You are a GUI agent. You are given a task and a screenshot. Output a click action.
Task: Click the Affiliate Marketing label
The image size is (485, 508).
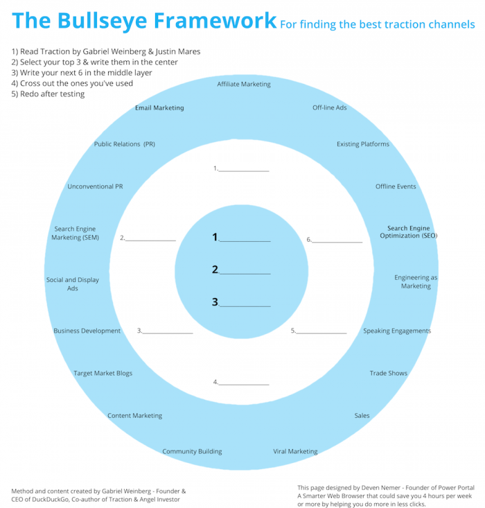pos(243,85)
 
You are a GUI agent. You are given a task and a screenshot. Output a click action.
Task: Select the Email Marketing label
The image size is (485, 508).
pos(159,108)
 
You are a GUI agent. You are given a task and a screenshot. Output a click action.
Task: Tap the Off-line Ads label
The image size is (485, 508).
pos(329,108)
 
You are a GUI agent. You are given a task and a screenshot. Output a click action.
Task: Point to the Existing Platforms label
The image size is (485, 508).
pos(362,144)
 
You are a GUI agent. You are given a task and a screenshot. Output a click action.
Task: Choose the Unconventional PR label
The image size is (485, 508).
pos(95,186)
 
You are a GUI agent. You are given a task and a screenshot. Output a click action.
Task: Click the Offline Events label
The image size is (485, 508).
pos(396,186)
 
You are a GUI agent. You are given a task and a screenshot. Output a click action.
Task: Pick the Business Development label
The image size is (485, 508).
pos(87,331)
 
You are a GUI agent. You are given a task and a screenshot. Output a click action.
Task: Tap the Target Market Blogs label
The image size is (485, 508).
pos(103,374)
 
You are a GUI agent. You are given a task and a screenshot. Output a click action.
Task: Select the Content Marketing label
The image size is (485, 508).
pos(134,416)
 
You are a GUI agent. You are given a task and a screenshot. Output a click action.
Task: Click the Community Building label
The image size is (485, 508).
pos(192,452)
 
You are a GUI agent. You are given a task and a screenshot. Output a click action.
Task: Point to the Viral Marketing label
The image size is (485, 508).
pos(295,452)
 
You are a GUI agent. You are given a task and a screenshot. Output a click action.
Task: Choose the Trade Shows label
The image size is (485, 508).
pos(388,374)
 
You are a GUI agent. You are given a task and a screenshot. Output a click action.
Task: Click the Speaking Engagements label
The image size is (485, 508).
pos(397,331)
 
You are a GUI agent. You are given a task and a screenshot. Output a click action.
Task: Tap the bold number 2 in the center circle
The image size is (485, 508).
pos(215,270)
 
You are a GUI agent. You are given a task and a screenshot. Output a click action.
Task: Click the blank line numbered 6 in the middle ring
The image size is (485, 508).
pos(337,240)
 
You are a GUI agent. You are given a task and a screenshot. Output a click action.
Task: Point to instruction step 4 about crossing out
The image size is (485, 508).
pos(72,83)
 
